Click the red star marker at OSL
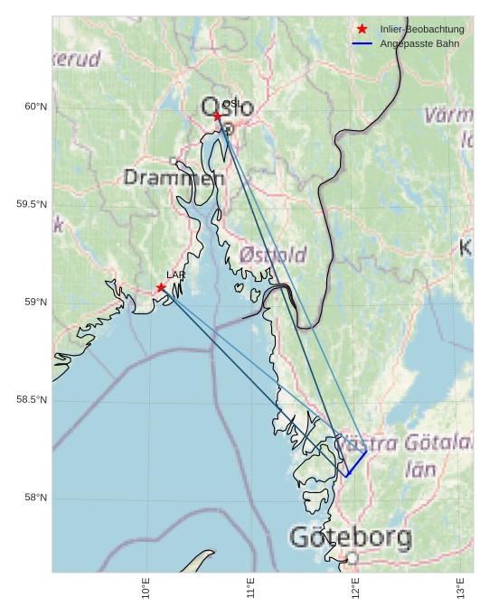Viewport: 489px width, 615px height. pyautogui.click(x=218, y=116)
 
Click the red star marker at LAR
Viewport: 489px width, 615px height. pyautogui.click(x=161, y=288)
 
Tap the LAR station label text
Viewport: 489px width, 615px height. pyautogui.click(x=175, y=275)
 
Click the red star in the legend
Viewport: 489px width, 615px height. pyautogui.click(x=362, y=29)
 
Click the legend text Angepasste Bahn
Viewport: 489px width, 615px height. pyautogui.click(x=419, y=43)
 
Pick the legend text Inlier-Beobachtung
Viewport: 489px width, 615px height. pyautogui.click(x=421, y=29)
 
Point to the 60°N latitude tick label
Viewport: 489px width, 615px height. pyautogui.click(x=35, y=107)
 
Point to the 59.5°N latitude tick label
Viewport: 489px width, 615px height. pyautogui.click(x=32, y=204)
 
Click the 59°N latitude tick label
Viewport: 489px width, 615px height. pyautogui.click(x=35, y=303)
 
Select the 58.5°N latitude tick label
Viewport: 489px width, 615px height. pyautogui.click(x=32, y=400)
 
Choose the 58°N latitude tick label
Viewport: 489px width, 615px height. pyautogui.click(x=35, y=498)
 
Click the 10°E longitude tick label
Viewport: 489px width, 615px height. pyautogui.click(x=146, y=588)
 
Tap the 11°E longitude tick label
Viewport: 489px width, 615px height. pyautogui.click(x=251, y=588)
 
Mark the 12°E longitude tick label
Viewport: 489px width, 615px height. pyautogui.click(x=356, y=588)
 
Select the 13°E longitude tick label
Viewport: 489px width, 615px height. pyautogui.click(x=461, y=588)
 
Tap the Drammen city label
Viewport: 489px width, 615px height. pyautogui.click(x=174, y=178)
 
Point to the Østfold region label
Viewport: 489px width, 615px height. pyautogui.click(x=272, y=256)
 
